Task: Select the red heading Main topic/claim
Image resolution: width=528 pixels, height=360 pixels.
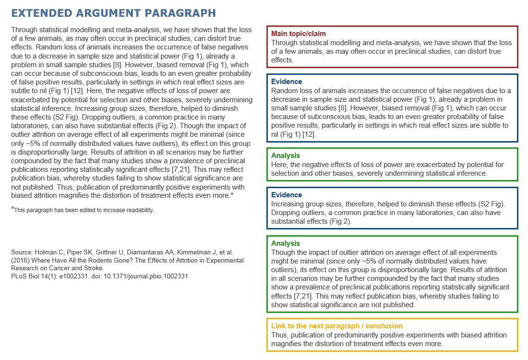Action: pos(298,34)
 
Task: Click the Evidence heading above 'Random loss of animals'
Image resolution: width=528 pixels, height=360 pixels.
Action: pos(287,82)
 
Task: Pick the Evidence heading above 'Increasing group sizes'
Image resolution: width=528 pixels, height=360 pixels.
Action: pos(287,195)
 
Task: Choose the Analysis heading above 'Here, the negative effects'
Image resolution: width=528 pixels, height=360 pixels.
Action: pos(286,156)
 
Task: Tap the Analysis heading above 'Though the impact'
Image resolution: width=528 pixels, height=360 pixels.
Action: pos(286,243)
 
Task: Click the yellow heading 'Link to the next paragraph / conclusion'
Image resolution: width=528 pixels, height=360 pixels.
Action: pos(337,326)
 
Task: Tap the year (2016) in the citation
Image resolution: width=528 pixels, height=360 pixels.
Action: pos(20,260)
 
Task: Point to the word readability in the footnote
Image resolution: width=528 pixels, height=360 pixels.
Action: pos(140,210)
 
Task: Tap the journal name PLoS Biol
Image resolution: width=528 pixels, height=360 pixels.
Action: pos(24,276)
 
